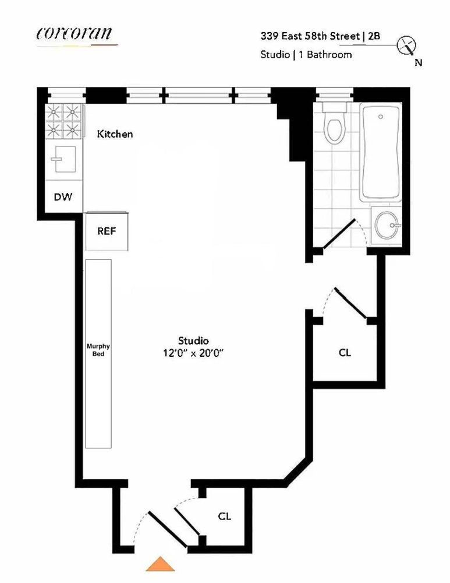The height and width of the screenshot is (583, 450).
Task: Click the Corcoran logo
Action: click(x=75, y=34)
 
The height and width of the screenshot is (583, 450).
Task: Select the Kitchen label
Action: click(x=115, y=134)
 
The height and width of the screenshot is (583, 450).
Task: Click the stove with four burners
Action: click(x=62, y=121)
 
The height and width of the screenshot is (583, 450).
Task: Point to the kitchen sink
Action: click(x=63, y=159)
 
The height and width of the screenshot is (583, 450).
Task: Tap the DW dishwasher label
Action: click(x=63, y=197)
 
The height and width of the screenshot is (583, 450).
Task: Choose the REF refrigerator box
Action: click(x=107, y=231)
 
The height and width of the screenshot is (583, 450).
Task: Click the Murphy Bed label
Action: click(x=98, y=349)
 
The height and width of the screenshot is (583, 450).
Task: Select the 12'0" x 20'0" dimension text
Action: click(x=194, y=353)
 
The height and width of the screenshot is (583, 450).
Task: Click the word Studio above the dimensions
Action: click(x=193, y=340)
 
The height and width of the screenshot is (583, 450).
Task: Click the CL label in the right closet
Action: click(x=345, y=353)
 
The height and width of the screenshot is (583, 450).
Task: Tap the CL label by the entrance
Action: click(x=225, y=516)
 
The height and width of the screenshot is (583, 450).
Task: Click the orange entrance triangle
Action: click(x=160, y=564)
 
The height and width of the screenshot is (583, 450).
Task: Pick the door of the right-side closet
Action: click(x=350, y=303)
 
